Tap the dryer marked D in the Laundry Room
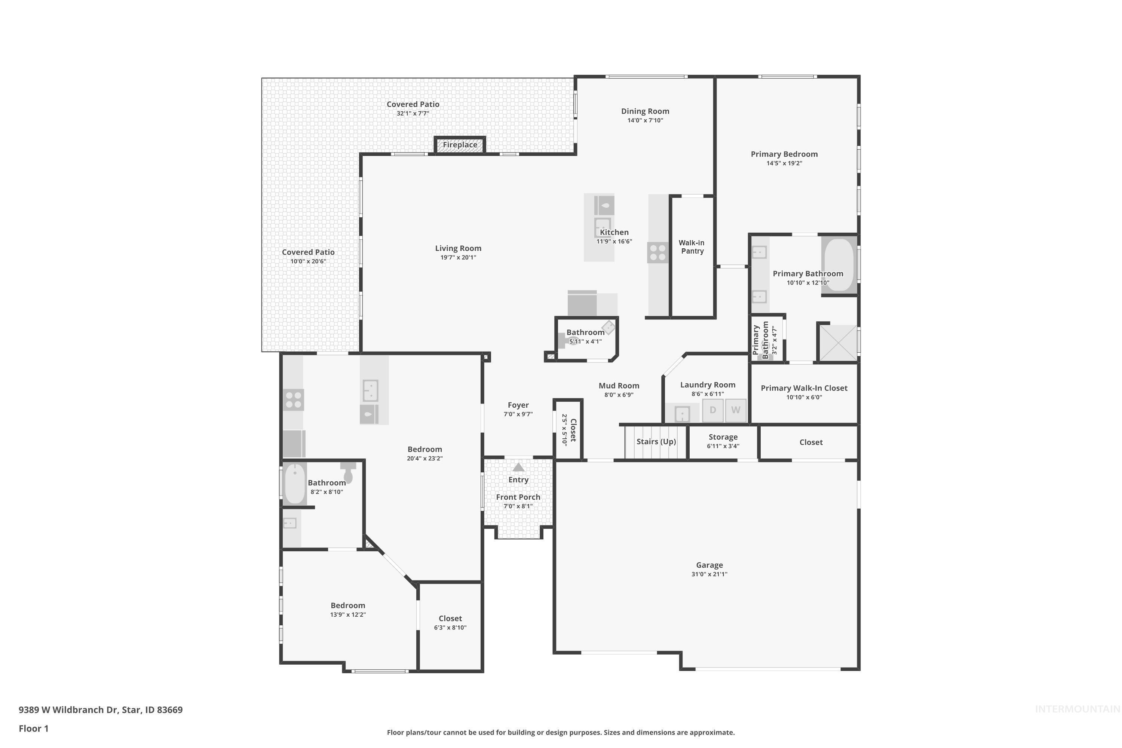[713, 410]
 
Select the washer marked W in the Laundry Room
[736, 410]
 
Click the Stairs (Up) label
[656, 442]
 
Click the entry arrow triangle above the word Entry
[518, 467]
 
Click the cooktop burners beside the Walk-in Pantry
[658, 253]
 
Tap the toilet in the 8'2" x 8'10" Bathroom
[348, 472]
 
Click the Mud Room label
[619, 386]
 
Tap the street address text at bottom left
[101, 710]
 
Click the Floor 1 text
[34, 729]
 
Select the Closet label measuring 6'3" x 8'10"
[450, 623]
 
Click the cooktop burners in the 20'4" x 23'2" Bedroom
[293, 400]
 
